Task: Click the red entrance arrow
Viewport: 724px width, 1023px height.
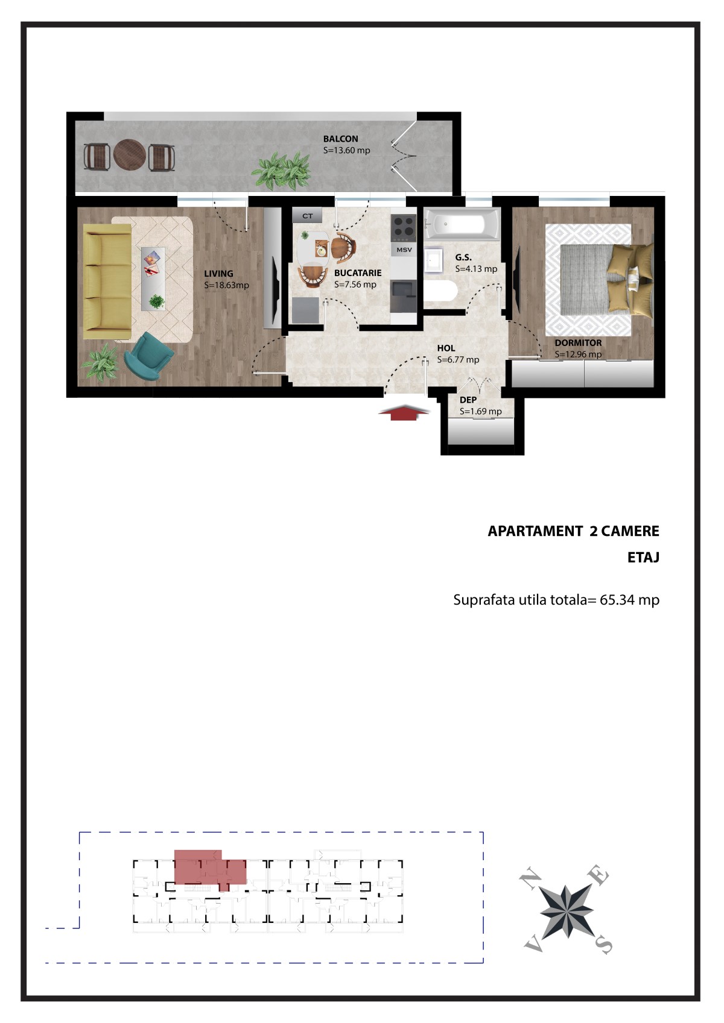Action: (x=404, y=412)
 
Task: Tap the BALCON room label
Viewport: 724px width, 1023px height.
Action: (x=340, y=139)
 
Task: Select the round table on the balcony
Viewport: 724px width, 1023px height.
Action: (x=130, y=156)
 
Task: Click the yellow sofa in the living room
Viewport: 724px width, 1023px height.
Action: (x=107, y=281)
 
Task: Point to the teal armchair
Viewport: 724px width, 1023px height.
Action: (x=148, y=357)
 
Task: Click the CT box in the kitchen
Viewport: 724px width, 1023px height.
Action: (x=307, y=216)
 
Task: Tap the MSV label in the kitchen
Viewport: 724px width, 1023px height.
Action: (x=404, y=250)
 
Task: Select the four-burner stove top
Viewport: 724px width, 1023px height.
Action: (x=403, y=227)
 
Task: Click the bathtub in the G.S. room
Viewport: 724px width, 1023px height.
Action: (x=462, y=224)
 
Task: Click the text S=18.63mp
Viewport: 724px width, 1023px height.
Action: (x=226, y=285)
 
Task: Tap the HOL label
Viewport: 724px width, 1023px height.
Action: (x=446, y=348)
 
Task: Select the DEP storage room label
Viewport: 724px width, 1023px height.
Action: (x=468, y=400)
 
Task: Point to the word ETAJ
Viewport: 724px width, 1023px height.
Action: (x=643, y=557)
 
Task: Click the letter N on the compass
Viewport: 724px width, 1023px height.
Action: (x=530, y=880)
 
